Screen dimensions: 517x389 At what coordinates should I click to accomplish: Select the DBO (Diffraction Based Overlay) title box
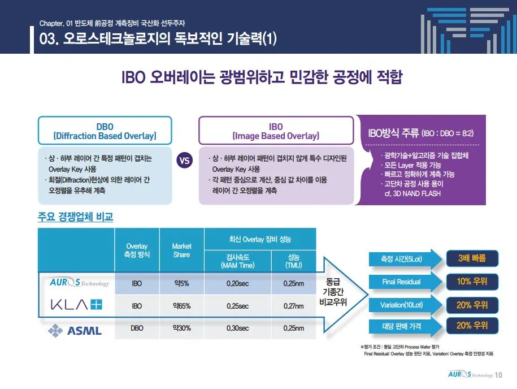click(x=105, y=131)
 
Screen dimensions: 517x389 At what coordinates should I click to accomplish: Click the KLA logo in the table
click(x=76, y=305)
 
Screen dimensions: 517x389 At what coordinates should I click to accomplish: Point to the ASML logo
click(x=76, y=329)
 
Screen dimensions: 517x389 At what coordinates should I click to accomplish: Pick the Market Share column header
click(x=181, y=250)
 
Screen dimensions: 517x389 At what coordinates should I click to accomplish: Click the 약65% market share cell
click(x=181, y=306)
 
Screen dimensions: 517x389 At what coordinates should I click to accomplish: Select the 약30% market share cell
click(x=181, y=328)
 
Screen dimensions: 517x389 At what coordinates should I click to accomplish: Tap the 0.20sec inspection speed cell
click(x=237, y=283)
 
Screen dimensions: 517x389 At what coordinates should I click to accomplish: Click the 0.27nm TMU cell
click(x=293, y=306)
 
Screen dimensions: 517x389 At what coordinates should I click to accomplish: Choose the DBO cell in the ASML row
click(x=137, y=328)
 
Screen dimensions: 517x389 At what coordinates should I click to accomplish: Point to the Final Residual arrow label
click(x=401, y=282)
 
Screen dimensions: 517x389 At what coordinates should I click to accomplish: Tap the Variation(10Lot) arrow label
click(x=401, y=305)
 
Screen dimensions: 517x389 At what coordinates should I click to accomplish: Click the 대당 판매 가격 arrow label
click(x=401, y=326)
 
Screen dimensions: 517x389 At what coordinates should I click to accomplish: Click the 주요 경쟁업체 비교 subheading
click(x=75, y=217)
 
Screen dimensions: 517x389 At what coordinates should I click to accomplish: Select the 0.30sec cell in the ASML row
click(x=237, y=328)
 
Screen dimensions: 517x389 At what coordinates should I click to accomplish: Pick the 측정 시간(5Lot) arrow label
click(x=401, y=260)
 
